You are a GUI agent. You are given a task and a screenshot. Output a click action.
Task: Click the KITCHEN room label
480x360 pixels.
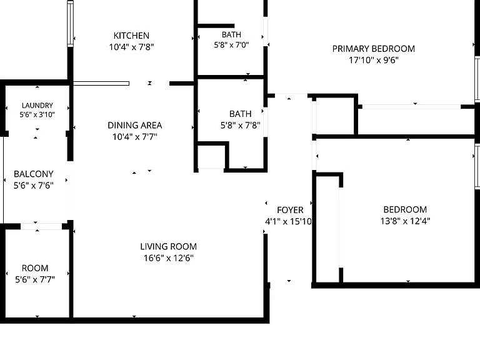[131, 36]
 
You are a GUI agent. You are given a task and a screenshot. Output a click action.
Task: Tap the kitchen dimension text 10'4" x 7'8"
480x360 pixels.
[131, 47]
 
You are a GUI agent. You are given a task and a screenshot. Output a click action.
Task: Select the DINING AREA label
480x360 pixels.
[135, 125]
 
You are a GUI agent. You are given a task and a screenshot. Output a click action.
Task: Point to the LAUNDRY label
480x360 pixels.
[37, 105]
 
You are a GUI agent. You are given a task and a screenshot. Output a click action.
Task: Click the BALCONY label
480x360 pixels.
[34, 174]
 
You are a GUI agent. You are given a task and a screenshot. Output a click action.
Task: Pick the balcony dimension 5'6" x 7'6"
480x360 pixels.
[34, 185]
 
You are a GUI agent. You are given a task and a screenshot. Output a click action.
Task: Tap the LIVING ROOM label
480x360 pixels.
[168, 246]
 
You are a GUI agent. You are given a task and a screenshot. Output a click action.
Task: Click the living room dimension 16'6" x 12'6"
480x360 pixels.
[169, 257]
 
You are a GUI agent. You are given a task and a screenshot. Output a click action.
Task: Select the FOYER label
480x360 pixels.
[290, 210]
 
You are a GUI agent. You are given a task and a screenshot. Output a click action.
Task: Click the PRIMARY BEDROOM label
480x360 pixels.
[374, 49]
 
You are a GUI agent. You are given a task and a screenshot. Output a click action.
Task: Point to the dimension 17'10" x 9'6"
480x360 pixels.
[374, 60]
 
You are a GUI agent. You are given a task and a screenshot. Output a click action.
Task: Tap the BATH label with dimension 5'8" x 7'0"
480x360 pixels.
[231, 34]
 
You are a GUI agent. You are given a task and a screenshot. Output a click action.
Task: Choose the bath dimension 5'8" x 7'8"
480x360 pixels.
[240, 125]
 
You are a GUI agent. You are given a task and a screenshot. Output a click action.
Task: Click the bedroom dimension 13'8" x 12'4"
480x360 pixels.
[405, 221]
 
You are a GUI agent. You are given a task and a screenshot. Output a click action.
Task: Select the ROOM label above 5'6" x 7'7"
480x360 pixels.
[35, 268]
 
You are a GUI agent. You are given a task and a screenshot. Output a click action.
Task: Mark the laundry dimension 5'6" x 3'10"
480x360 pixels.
[37, 114]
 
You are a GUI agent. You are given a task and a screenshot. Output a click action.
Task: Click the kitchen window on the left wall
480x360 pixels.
[71, 24]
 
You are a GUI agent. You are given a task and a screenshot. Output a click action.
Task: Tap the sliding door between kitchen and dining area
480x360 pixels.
[101, 84]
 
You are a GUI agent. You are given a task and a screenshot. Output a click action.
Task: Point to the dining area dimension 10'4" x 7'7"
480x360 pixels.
[135, 136]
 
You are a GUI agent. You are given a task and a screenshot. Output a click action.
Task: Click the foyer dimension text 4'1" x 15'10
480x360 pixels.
[288, 221]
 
